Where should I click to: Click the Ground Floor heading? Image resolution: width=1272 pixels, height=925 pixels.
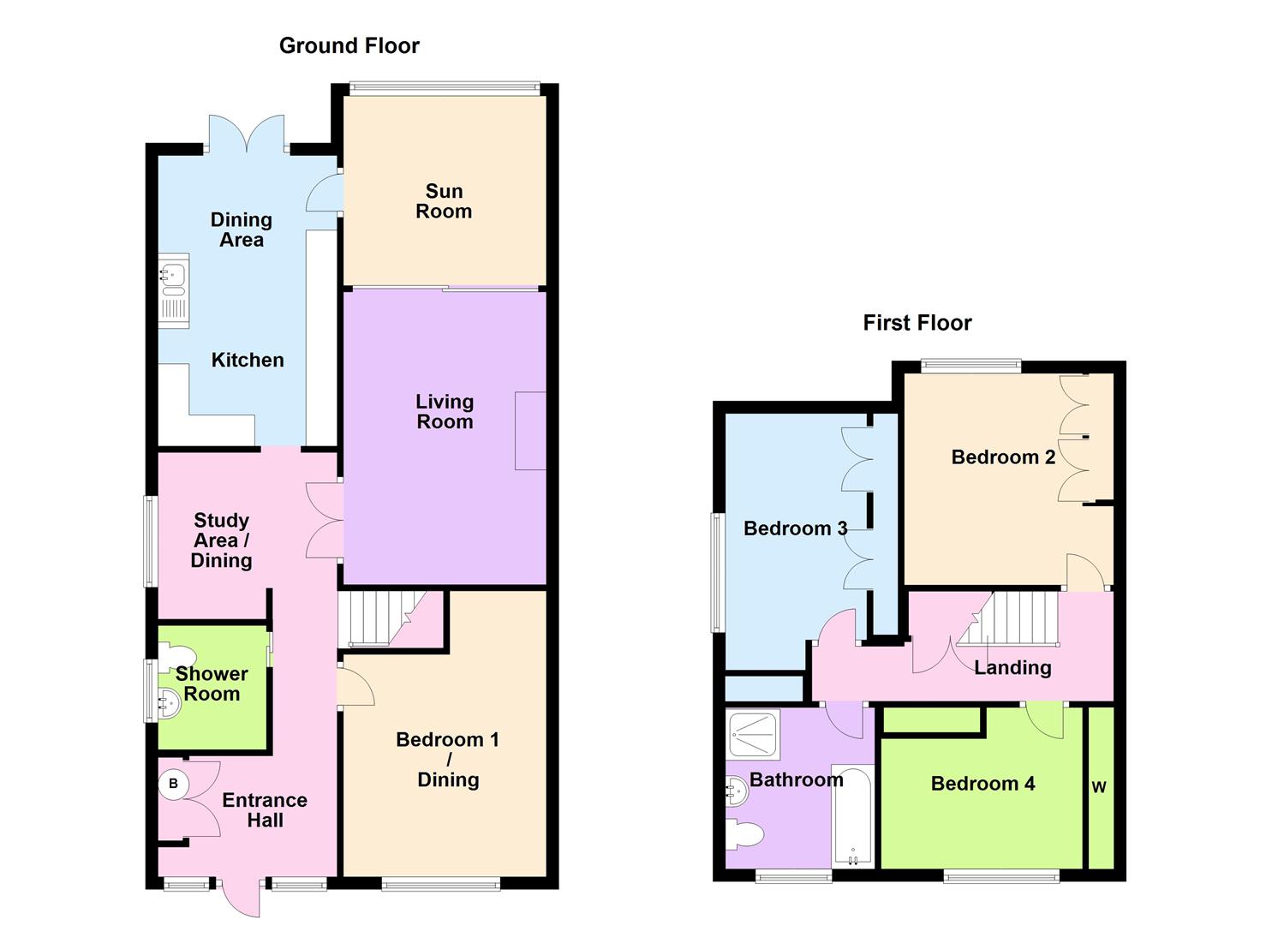(349, 45)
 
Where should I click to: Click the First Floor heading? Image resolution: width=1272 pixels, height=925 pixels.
(917, 323)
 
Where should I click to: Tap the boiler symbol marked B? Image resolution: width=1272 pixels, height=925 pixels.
(173, 784)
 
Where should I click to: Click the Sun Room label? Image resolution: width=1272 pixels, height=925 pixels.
(444, 201)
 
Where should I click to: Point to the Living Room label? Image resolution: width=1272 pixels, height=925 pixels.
(444, 411)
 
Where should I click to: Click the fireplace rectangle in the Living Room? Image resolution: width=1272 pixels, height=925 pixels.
(529, 431)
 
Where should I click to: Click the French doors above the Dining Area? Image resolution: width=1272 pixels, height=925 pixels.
(247, 135)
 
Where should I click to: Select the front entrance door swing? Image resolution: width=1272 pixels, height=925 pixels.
(239, 899)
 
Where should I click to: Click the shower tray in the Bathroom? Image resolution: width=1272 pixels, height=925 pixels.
(753, 734)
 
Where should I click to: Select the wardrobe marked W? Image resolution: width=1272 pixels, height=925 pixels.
(1099, 786)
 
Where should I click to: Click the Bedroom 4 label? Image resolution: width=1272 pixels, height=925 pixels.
(982, 783)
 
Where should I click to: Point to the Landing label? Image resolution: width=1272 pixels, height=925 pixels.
(1012, 667)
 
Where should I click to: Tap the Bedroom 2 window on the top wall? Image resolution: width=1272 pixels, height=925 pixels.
(971, 367)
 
